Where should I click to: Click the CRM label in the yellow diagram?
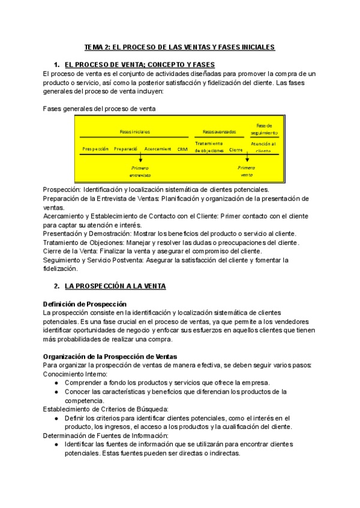click(x=182, y=149)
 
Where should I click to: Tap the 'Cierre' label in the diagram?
click(x=236, y=150)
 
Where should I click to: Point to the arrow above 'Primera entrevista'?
click(x=140, y=159)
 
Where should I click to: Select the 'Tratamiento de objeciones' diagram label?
click(x=209, y=147)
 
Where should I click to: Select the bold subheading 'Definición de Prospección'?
click(x=85, y=304)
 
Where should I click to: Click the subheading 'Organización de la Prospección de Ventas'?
click(x=110, y=356)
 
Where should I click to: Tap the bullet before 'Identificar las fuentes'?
click(x=56, y=444)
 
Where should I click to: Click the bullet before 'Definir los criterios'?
click(x=56, y=418)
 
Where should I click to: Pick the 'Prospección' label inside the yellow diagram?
click(x=95, y=149)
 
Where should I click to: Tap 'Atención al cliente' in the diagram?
click(x=263, y=147)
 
